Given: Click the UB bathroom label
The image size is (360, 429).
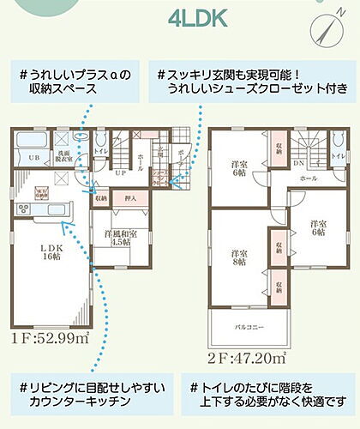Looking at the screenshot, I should click(x=33, y=158).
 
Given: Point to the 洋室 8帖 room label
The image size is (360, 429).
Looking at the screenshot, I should click(x=238, y=258).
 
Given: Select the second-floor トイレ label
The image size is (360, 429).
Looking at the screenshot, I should click(x=338, y=157).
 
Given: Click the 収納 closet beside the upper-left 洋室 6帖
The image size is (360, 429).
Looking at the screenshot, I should click(x=280, y=148).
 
